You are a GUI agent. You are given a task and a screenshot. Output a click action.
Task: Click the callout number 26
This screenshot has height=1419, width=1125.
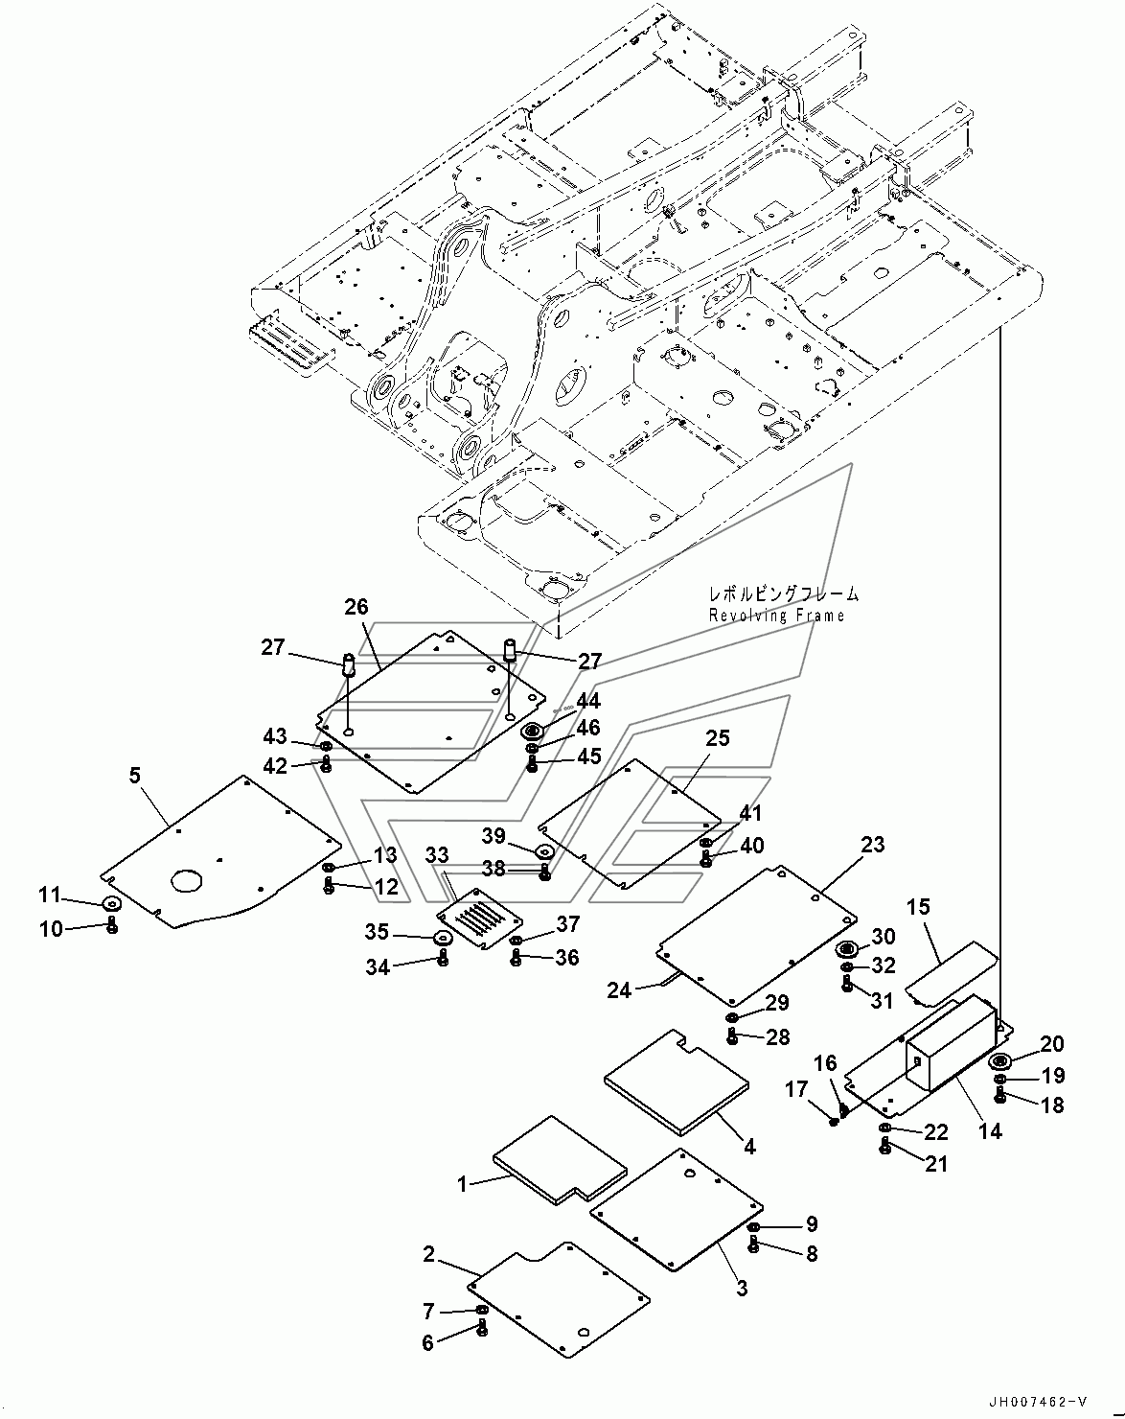[x=356, y=607]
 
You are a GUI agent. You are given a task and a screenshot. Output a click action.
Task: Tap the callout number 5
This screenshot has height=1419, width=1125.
[x=135, y=776]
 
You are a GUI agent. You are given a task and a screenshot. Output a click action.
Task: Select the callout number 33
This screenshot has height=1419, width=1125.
[x=437, y=855]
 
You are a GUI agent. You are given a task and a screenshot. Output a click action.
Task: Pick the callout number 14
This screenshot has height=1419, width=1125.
[x=990, y=1131]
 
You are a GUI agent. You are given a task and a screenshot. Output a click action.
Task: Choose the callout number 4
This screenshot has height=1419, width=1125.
[x=749, y=1147]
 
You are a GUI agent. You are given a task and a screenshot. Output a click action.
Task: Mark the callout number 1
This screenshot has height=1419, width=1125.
[x=462, y=1185]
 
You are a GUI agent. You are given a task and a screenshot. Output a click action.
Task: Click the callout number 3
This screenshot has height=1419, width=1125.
[x=742, y=1288]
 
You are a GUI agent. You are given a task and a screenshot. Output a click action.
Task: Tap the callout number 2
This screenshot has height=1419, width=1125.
[x=429, y=1254]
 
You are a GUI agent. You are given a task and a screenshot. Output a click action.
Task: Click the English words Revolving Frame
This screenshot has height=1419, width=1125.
[x=776, y=616]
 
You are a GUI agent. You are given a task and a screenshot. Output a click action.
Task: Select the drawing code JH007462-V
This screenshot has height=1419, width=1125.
[x=1038, y=1404]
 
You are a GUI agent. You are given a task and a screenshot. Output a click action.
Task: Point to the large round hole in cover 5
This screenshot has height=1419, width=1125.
[x=187, y=880]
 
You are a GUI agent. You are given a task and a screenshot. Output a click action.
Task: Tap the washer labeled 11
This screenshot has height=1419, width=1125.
[x=113, y=903]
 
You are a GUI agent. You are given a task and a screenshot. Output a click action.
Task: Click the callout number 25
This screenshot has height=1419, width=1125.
[x=718, y=738]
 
